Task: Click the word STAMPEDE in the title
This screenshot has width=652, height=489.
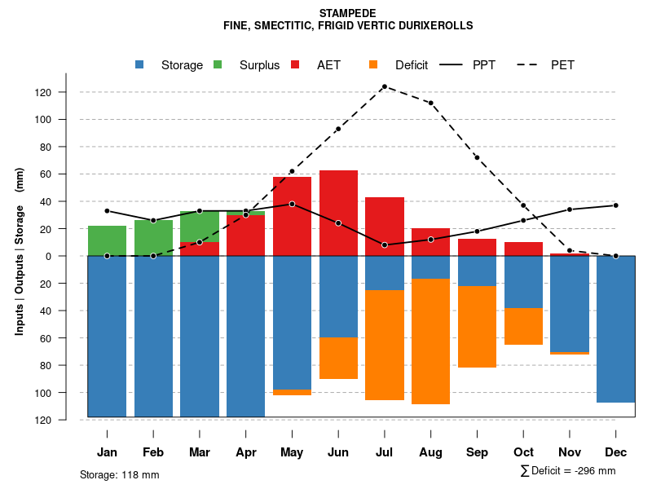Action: click(347, 14)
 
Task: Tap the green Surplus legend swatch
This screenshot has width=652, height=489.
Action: click(218, 65)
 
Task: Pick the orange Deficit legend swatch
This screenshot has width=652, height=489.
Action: click(373, 65)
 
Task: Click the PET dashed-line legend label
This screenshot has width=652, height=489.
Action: click(562, 65)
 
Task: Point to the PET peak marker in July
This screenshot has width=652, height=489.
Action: click(384, 86)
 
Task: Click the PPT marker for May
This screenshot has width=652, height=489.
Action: click(292, 204)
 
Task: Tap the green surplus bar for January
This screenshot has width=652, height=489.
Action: click(107, 240)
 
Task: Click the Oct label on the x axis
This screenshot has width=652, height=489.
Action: click(523, 452)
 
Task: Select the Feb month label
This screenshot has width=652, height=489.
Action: click(153, 452)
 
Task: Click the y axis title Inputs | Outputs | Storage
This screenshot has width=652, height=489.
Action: click(20, 257)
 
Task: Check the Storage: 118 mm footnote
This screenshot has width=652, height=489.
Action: click(119, 474)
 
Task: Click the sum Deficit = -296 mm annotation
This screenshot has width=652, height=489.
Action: click(568, 471)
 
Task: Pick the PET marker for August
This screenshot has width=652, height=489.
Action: click(430, 103)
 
